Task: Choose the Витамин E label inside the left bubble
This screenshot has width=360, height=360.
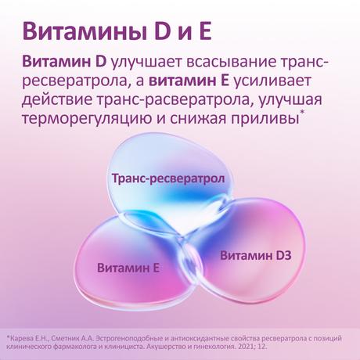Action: click(128, 268)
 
